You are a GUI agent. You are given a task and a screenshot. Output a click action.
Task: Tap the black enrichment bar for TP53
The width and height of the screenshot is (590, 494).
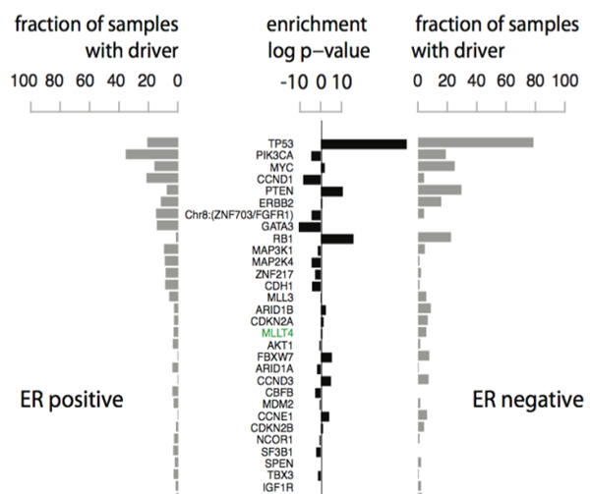click(364, 144)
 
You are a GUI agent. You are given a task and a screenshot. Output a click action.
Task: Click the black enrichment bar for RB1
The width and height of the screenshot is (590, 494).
click(337, 239)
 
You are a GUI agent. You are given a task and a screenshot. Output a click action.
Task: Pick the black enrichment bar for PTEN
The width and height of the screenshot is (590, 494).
click(332, 192)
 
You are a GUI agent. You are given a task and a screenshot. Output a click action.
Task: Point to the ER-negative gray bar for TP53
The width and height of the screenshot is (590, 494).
click(476, 143)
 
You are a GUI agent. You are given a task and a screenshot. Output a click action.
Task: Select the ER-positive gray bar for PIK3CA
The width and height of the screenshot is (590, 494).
click(151, 155)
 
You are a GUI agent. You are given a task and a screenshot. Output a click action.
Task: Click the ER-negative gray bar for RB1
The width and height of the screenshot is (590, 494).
click(434, 238)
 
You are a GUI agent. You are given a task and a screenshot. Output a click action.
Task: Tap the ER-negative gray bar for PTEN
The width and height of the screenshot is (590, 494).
click(440, 190)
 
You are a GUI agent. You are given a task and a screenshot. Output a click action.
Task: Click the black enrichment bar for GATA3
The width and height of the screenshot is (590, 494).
click(311, 227)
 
